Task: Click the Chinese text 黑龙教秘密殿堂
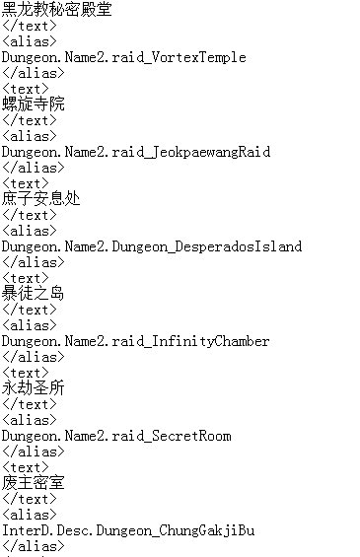tap(56, 10)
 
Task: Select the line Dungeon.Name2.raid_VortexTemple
tap(123, 57)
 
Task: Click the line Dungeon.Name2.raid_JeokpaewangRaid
tap(135, 152)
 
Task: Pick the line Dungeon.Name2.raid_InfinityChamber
tap(135, 341)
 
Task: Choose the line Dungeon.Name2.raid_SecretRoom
tap(115, 436)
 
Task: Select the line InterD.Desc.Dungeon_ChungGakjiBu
tap(127, 530)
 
